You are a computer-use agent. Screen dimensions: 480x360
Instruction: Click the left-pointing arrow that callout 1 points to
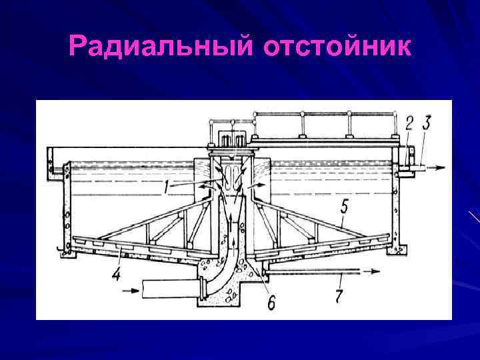coord(203,188)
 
